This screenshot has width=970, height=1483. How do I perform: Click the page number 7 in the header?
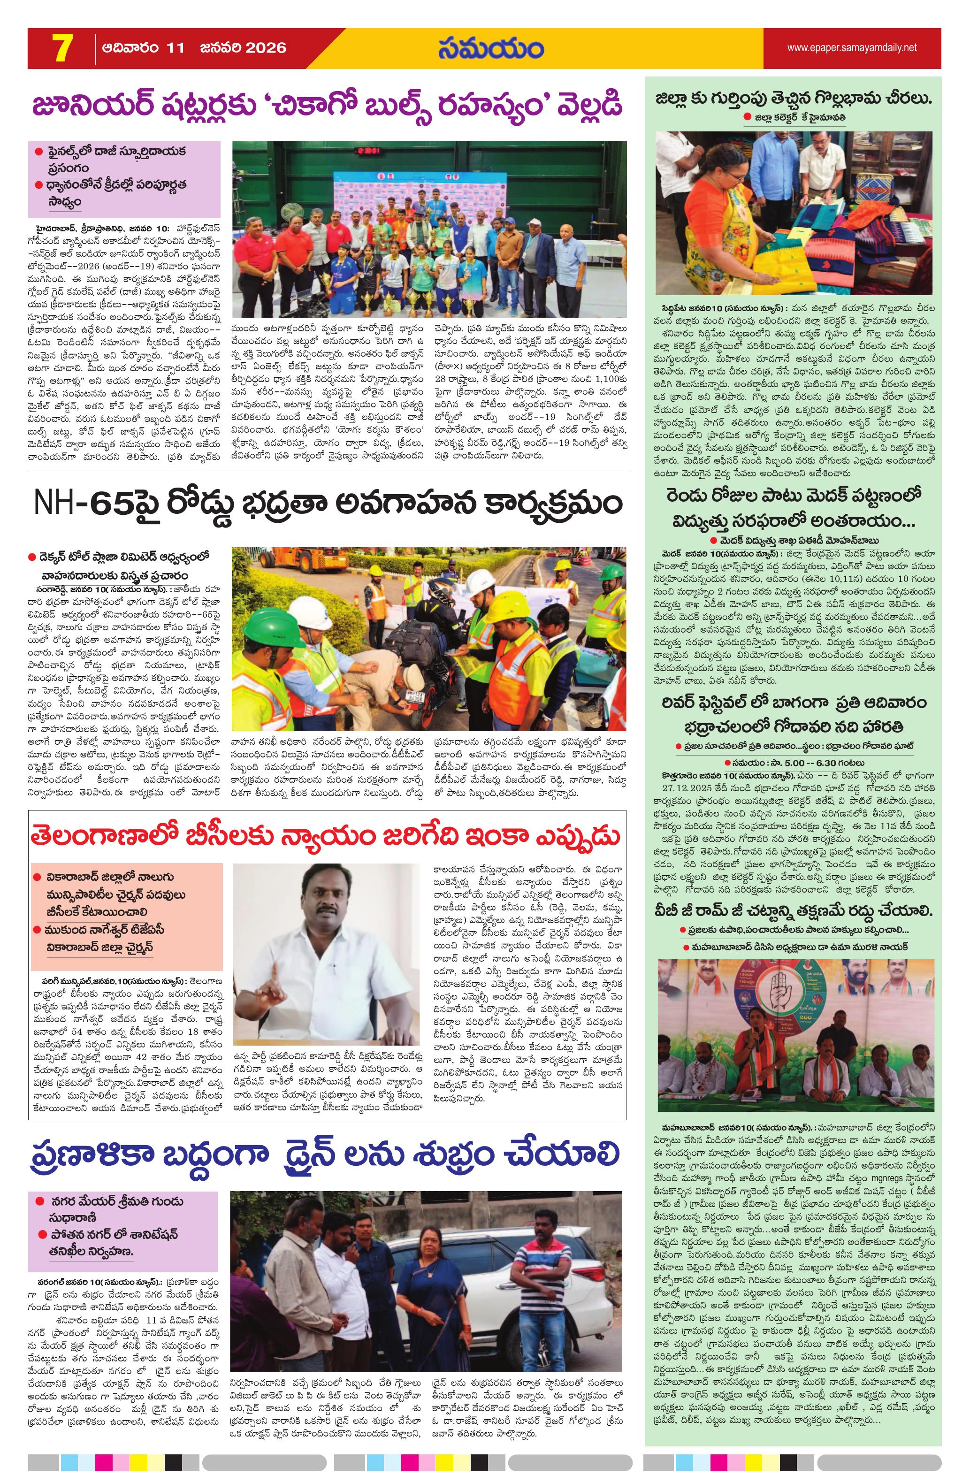[x=61, y=49]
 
